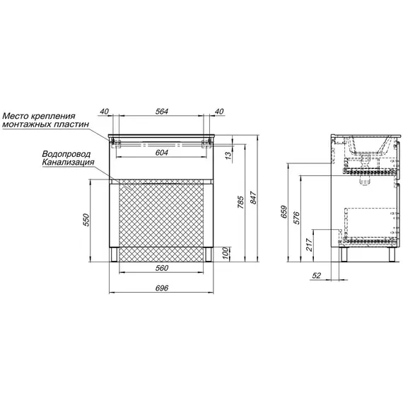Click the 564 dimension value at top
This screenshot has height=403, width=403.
[162, 111]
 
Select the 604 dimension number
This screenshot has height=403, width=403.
[162, 153]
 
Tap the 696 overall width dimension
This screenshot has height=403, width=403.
[162, 288]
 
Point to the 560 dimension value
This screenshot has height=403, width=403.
[162, 268]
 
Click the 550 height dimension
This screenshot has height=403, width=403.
[87, 220]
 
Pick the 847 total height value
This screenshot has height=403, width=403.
[253, 198]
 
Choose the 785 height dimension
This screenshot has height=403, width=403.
[240, 202]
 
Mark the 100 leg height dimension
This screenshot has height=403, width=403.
[225, 253]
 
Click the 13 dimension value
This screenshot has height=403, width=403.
[228, 156]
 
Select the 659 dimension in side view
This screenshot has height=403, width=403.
[284, 212]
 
